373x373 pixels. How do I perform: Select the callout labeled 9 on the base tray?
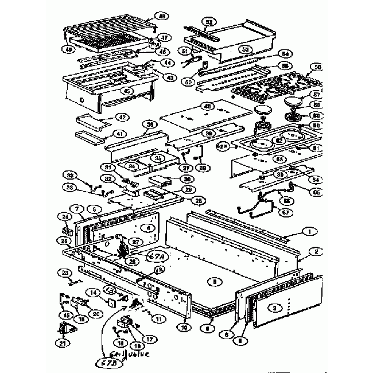pos(214,281)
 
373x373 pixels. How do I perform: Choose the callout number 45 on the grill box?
pos(127,91)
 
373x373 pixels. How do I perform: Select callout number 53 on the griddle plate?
pos(245,49)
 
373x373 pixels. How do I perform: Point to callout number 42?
pos(121,117)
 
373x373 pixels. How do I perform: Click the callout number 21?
pos(61,343)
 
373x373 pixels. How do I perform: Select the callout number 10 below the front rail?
pos(184,327)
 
